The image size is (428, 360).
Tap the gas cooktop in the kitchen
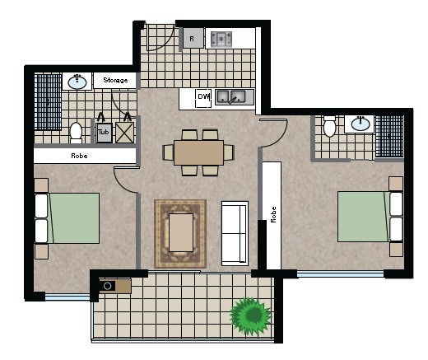point(221,39)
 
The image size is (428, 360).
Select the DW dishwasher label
point(203,96)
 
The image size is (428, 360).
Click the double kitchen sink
point(230,96)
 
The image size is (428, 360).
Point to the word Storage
point(115,80)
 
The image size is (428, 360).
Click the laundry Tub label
point(104,132)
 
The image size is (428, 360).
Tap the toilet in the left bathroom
point(76,133)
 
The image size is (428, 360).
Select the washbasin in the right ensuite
point(360,124)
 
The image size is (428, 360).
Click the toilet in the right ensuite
point(329,126)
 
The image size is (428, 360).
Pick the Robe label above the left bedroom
point(79,156)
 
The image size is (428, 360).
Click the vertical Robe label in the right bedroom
point(273,214)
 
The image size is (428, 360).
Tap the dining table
point(199,152)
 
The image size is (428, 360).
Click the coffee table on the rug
point(181,232)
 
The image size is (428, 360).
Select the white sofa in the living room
point(235,233)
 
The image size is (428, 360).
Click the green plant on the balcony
point(251,316)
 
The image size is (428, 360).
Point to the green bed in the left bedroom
point(67,218)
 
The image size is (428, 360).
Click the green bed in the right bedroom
point(370,217)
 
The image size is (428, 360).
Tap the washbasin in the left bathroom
point(77,82)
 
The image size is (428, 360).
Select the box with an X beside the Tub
point(124,133)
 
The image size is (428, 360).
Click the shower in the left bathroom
point(48,102)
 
